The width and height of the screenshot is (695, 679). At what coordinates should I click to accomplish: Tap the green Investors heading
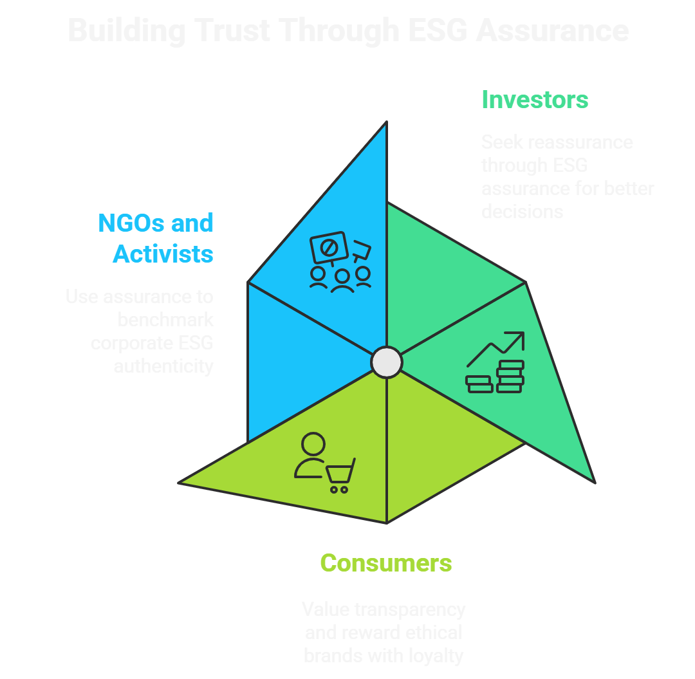[x=534, y=100]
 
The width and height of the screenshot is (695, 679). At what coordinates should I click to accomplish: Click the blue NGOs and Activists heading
[x=156, y=238]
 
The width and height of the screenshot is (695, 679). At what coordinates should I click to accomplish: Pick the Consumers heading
[x=386, y=563]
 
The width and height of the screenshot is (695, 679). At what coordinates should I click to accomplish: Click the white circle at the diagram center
[x=387, y=362]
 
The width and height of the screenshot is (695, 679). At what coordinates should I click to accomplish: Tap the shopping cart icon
[x=340, y=476]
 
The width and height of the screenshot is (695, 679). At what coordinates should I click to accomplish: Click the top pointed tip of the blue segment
[x=386, y=124]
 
